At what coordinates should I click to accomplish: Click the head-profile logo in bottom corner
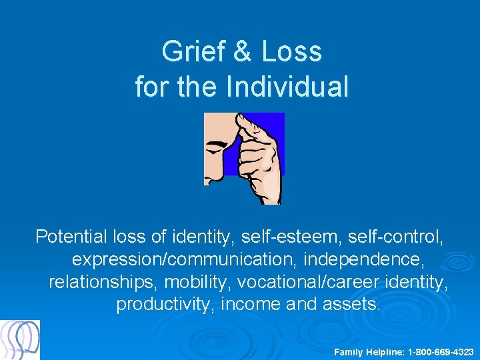click(x=20, y=340)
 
